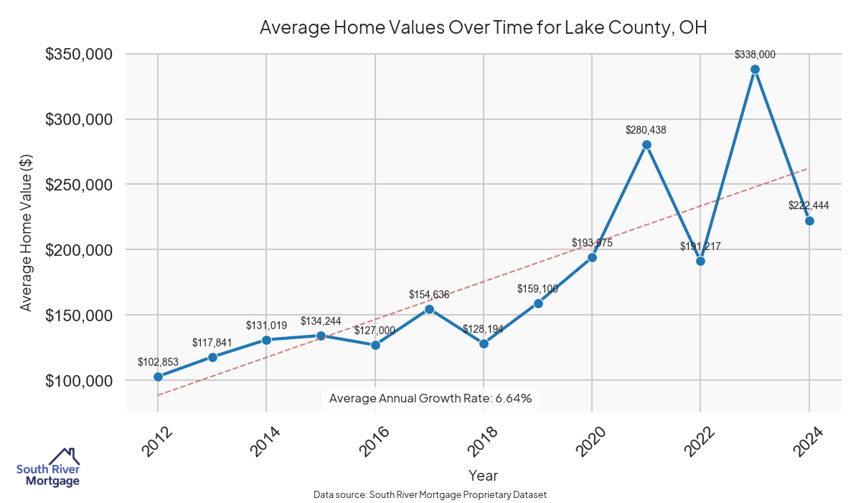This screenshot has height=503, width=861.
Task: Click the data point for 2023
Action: click(x=755, y=70)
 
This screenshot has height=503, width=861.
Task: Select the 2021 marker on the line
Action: click(x=646, y=144)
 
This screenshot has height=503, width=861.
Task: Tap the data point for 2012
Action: click(x=158, y=377)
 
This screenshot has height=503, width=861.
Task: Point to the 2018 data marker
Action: click(x=484, y=343)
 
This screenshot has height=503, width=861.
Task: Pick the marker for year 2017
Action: click(x=429, y=309)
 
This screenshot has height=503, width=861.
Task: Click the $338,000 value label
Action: click(x=755, y=55)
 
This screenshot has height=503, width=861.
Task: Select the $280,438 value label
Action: click(x=646, y=130)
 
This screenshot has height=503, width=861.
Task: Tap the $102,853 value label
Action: click(x=158, y=361)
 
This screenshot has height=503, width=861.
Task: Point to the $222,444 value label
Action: click(x=809, y=206)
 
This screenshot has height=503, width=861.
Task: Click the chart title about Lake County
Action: click(x=483, y=28)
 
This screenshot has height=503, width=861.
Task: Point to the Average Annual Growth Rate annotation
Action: click(x=430, y=398)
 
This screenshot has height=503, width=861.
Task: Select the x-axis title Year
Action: click(x=483, y=475)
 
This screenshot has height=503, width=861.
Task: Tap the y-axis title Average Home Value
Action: click(x=26, y=231)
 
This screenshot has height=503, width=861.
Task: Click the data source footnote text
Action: click(x=430, y=494)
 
